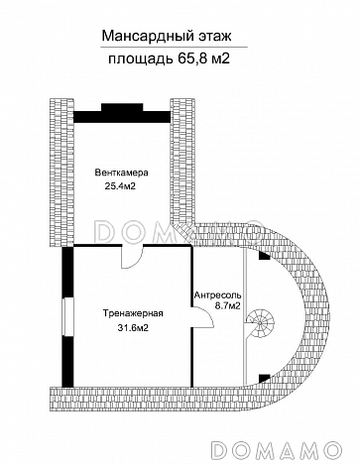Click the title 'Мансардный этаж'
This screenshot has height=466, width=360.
coord(167,36)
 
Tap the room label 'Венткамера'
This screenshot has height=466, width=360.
coord(121,173)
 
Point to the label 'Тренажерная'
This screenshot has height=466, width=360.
coord(133,313)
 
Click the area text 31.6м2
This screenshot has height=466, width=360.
coord(133,328)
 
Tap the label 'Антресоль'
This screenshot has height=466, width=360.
coord(217,294)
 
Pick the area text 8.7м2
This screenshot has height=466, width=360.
coord(227,306)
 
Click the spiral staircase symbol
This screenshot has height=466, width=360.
coord(260,322)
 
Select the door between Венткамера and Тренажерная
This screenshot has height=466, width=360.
coord(132,256)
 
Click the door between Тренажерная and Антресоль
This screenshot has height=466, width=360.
coord(202,317)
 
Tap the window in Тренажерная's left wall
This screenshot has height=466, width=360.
coord(68,317)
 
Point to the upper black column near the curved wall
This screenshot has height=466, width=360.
coord(264,256)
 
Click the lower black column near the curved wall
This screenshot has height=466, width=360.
coord(264,378)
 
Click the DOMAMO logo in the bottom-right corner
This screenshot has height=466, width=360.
coord(276,449)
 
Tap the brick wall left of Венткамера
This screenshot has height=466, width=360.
coord(61,173)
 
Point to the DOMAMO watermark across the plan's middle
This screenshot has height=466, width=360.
coord(179,231)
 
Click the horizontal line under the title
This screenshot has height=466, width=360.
coord(175,48)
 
